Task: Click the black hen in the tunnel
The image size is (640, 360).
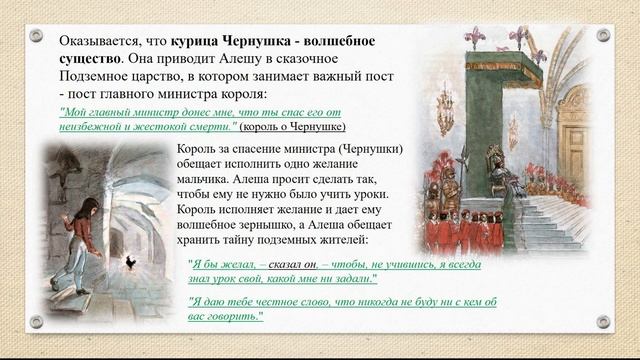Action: click(x=131, y=263)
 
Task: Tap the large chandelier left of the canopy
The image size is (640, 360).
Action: click(x=444, y=112)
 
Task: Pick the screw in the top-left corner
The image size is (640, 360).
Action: click(x=36, y=35)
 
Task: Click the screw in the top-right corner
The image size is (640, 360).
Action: click(x=603, y=35)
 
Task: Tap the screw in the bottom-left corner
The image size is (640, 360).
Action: click(x=36, y=322)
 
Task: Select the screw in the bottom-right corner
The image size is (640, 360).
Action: click(x=603, y=322)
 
